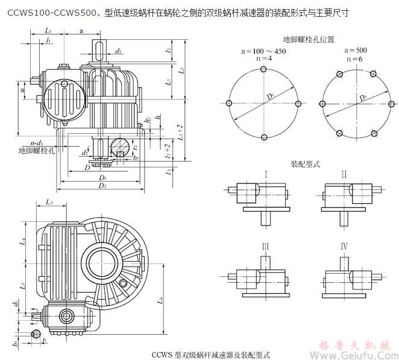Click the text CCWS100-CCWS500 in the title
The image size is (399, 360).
42,11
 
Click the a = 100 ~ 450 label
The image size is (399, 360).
263,52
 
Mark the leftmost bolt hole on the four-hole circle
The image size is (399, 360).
230,102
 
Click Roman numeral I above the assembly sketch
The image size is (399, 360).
265,174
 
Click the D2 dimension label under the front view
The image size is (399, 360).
103,186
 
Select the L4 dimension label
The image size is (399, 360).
22,241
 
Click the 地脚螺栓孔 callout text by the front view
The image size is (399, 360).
36,150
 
